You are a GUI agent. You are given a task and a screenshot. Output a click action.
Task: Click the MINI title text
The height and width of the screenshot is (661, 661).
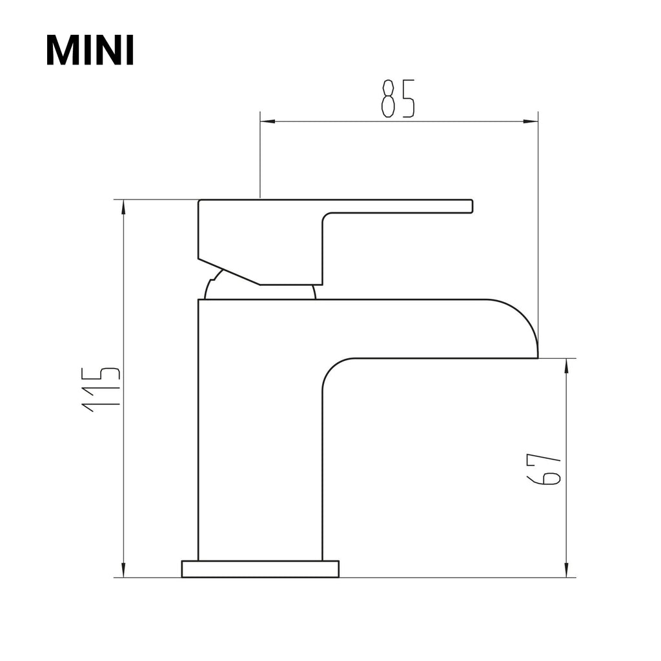(90, 50)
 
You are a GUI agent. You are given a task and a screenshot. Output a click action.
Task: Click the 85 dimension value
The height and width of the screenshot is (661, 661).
(398, 99)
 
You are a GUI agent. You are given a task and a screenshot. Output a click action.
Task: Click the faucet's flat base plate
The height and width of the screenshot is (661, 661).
(260, 569)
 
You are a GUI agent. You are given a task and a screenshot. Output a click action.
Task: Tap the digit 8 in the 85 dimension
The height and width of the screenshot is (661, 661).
(388, 99)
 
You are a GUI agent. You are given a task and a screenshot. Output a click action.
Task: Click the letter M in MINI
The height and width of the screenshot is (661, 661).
(62, 50)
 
